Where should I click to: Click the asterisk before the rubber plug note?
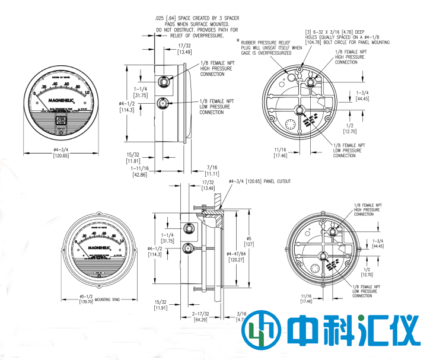click(238, 41)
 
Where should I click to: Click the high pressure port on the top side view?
click(162, 79)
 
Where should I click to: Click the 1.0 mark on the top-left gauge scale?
click(87, 93)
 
